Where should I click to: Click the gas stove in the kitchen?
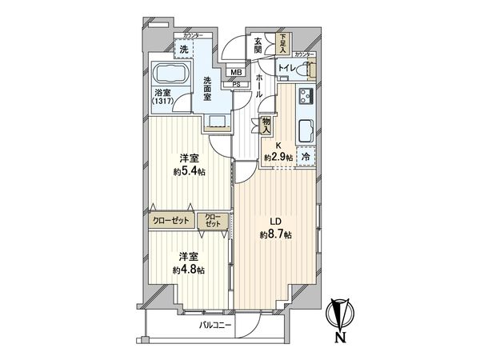pos(306,98)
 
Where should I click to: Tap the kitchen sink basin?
pos(306,130)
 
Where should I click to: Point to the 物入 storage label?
pos(266,124)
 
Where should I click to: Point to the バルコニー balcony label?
pos(216,326)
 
